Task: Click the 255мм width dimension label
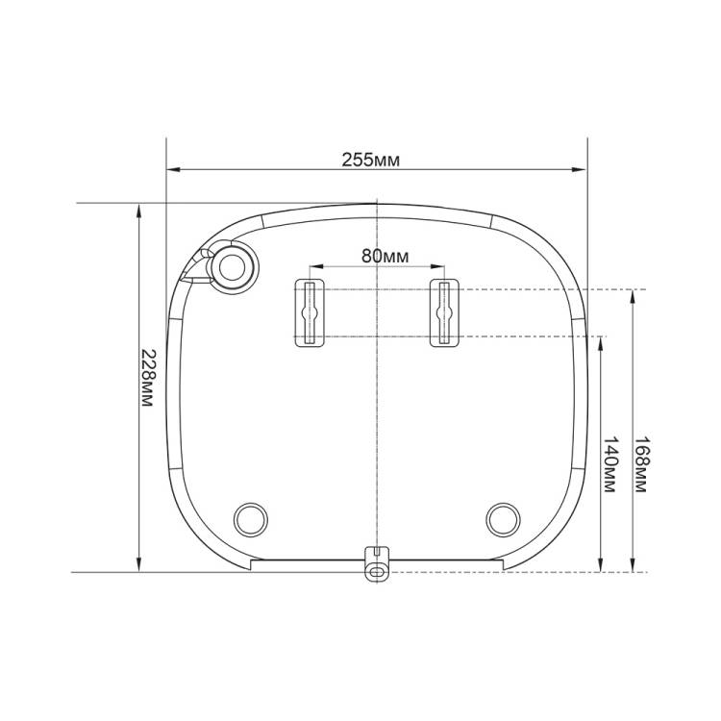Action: tap(371, 160)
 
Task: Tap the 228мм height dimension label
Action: tap(148, 378)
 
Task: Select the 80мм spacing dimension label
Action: tap(385, 256)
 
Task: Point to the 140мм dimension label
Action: tap(610, 465)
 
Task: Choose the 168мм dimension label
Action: tap(642, 464)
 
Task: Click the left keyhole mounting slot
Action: tap(310, 313)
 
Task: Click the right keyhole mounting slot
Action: tap(444, 313)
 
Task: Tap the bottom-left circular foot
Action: tap(251, 519)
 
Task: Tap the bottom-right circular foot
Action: tap(503, 519)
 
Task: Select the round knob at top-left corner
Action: tap(233, 267)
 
